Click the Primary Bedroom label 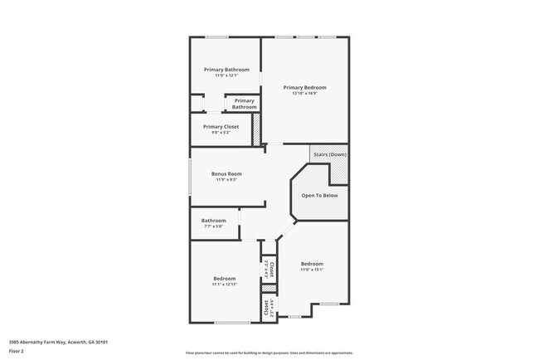(304, 87)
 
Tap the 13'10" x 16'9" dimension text (304, 94)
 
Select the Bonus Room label (226, 174)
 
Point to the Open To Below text (319, 196)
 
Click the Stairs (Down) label (329, 155)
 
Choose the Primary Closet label (221, 127)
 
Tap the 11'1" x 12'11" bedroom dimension (225, 285)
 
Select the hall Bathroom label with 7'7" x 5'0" (214, 221)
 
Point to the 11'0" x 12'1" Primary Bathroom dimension (226, 76)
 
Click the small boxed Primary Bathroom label (244, 104)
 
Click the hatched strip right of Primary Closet (256, 129)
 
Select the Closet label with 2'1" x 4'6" (269, 306)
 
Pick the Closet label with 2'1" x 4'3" (269, 267)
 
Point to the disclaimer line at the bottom (269, 353)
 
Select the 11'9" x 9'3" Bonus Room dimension (226, 180)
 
